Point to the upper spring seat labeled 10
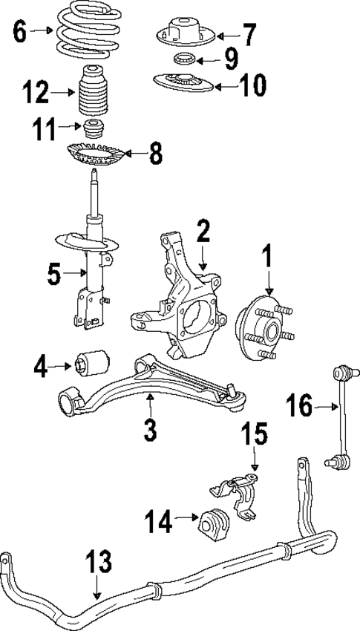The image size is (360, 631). [182, 82]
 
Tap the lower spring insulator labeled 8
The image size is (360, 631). [94, 154]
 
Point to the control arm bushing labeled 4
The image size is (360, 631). [92, 362]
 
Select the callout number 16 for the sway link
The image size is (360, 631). [301, 405]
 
